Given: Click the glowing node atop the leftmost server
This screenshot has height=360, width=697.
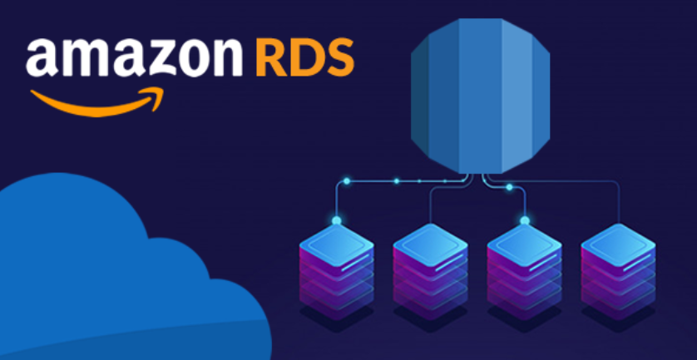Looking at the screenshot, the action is (336, 221).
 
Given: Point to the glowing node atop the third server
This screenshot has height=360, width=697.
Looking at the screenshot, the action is (524, 221).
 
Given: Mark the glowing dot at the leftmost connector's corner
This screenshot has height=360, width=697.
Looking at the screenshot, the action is (344, 180).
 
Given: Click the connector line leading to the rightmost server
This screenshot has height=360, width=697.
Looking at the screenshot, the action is (618, 204).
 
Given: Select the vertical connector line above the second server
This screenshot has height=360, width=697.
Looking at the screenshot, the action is (430, 206).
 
